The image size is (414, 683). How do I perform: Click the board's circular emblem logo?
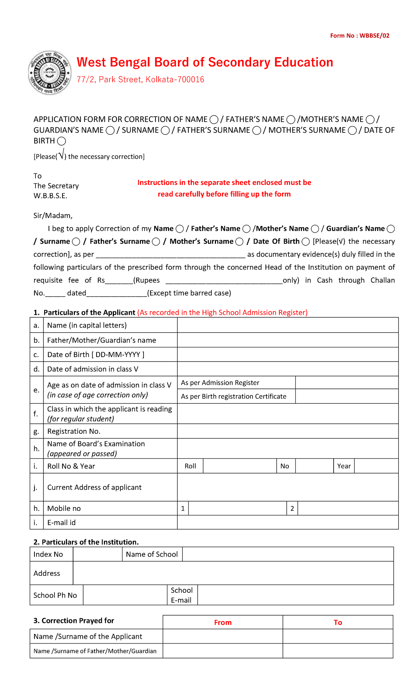point(50,73)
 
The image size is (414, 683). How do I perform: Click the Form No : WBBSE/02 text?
point(359,36)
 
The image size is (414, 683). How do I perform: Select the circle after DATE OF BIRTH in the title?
point(61,141)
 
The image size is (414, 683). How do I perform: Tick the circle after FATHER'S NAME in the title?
point(291,120)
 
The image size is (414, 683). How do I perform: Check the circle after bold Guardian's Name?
point(391,229)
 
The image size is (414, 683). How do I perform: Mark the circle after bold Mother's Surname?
point(239,242)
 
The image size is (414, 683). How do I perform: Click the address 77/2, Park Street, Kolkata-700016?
point(140,79)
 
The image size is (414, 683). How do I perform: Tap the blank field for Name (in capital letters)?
point(288,325)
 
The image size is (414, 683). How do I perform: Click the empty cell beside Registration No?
point(288,431)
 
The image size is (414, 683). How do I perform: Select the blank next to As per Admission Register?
point(347,383)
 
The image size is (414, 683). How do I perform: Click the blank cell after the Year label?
point(376,466)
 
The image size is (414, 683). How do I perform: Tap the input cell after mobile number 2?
point(348,508)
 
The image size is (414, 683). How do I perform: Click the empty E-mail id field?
point(288,522)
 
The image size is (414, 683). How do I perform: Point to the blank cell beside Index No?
point(98,554)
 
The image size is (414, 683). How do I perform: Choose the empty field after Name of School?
point(288,554)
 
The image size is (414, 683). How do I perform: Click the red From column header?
point(223,623)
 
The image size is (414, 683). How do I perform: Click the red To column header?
point(338,623)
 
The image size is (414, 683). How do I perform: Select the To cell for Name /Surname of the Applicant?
point(338,636)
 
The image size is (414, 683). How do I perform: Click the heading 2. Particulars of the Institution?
point(86,542)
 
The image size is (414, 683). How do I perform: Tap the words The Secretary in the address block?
point(56,186)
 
